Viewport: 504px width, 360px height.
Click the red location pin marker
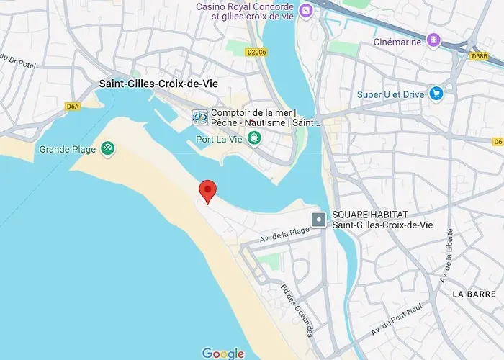208,191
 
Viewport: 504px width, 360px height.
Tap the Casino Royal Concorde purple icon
305,12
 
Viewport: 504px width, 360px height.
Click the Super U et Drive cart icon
435,94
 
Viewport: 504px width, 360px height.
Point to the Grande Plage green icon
107,148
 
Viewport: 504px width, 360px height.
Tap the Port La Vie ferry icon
253,138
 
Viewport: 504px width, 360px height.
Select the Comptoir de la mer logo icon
199,117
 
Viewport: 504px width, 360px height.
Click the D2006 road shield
255,52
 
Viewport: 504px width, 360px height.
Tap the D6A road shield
72,106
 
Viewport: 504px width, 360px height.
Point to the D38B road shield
479,55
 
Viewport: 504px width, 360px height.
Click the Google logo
222,353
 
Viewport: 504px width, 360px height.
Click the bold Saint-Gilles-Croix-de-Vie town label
158,84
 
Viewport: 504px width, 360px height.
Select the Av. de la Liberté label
448,256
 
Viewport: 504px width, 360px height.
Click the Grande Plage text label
64,149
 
